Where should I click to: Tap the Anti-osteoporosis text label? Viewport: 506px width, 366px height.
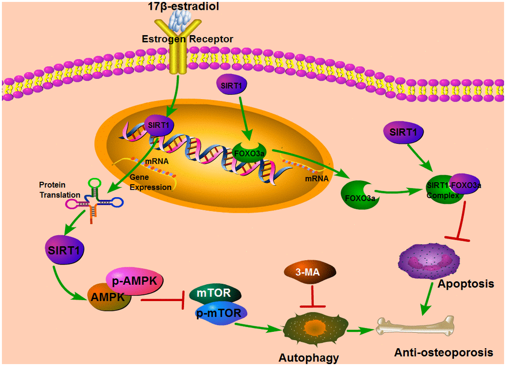click(x=443, y=352)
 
